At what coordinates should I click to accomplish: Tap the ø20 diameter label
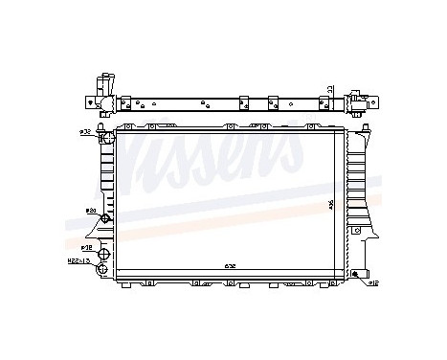pos(92,210)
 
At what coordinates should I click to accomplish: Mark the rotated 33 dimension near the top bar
pos(331,90)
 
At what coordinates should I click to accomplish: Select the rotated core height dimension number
pos(331,205)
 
